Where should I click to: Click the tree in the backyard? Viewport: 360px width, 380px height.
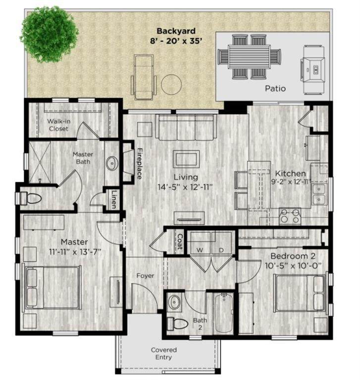[50, 34]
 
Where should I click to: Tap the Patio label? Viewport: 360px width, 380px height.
[275, 89]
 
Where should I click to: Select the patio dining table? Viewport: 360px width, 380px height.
[249, 57]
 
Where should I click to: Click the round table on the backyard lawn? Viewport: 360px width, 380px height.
[171, 85]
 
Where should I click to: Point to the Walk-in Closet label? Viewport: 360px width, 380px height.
[58, 125]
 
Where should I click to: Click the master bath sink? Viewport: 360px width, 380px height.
[112, 163]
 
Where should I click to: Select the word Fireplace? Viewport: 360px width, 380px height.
[140, 164]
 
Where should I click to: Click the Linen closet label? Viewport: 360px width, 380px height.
[114, 199]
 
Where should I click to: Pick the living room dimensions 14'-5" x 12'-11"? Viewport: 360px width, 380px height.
[185, 187]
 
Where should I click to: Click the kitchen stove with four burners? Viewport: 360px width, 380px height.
[290, 216]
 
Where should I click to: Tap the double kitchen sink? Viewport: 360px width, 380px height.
[320, 194]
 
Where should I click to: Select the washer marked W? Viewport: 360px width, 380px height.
[201, 243]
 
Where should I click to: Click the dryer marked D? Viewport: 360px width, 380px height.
[221, 243]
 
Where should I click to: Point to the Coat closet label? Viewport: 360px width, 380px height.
[180, 241]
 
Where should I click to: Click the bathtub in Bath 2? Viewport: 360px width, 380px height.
[224, 313]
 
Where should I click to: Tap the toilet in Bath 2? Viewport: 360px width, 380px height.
[178, 323]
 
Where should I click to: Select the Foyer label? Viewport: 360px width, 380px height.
[145, 276]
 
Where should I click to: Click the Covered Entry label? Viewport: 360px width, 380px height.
[164, 354]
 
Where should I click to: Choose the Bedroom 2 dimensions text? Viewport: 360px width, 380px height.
[293, 266]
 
